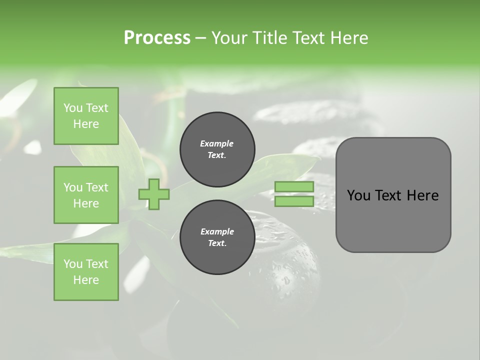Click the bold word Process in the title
tap(157, 38)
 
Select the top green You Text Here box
tap(86, 116)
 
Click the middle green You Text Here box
tap(86, 195)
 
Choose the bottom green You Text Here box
tap(86, 272)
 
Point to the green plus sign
tap(154, 194)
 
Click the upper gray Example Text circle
tap(217, 149)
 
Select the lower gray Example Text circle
tap(217, 237)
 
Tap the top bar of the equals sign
tap(294, 187)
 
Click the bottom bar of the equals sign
tap(294, 201)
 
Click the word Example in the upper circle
tap(217, 143)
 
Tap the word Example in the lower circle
tap(217, 231)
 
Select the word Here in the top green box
tap(86, 124)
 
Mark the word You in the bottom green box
tap(72, 264)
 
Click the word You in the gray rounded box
tap(358, 195)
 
